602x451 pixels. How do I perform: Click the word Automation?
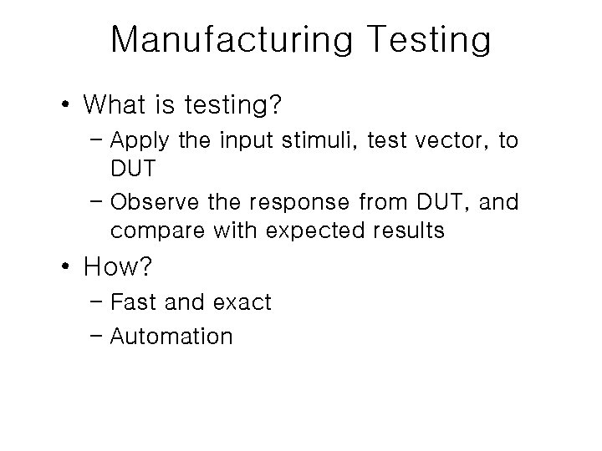tap(171, 337)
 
